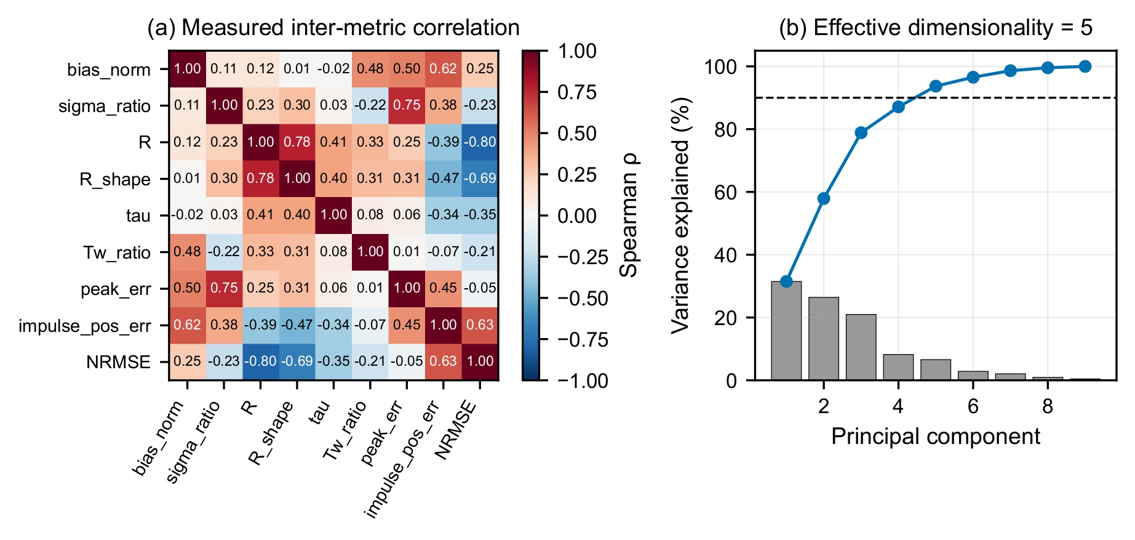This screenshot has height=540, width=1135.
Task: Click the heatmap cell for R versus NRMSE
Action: pyautogui.click(x=480, y=142)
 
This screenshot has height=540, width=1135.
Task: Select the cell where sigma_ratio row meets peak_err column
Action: pyautogui.click(x=407, y=105)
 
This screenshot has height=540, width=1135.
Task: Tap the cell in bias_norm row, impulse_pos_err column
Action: pyautogui.click(x=444, y=68)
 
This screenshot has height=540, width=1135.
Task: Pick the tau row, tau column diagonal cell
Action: pyautogui.click(x=333, y=215)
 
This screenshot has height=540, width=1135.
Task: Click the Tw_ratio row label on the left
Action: pyautogui.click(x=117, y=252)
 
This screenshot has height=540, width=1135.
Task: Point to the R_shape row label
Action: pyautogui.click(x=115, y=179)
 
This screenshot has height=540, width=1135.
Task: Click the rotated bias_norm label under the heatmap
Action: pyautogui.click(x=158, y=438)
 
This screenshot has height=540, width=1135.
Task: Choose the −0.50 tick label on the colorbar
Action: pyautogui.click(x=583, y=298)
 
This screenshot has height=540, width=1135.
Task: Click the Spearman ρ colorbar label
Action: pyautogui.click(x=629, y=215)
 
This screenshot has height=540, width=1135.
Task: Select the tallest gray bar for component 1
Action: pyautogui.click(x=786, y=331)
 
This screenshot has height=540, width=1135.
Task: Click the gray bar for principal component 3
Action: pyautogui.click(x=861, y=347)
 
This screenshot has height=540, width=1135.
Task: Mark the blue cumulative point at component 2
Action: pyautogui.click(x=824, y=198)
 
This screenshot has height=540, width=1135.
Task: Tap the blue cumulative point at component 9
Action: pyautogui.click(x=1085, y=66)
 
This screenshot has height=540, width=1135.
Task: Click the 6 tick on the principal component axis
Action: pyautogui.click(x=973, y=406)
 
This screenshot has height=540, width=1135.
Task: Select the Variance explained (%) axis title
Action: pyautogui.click(x=680, y=216)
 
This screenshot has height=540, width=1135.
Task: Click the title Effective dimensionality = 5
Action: pyautogui.click(x=936, y=28)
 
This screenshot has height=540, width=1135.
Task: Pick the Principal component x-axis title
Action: pyautogui.click(x=936, y=436)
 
